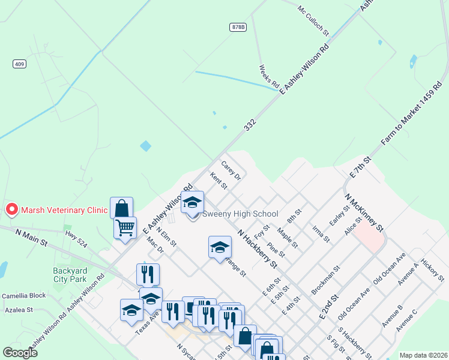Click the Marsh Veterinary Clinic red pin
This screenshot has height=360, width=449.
pyautogui.click(x=11, y=209)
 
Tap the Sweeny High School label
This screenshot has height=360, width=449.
pyautogui.click(x=240, y=214)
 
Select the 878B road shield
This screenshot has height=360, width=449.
pyautogui.click(x=238, y=27)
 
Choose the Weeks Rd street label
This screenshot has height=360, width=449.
pyautogui.click(x=269, y=76)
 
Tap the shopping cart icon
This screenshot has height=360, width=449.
pyautogui.click(x=125, y=228)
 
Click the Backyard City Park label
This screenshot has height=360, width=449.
pyautogui.click(x=70, y=275)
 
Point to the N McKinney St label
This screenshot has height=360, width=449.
pyautogui.click(x=364, y=212)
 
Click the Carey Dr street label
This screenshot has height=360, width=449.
pyautogui.click(x=231, y=170)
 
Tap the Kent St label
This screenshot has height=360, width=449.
pyautogui.click(x=218, y=181)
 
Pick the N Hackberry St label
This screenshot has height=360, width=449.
pyautogui.click(x=258, y=248)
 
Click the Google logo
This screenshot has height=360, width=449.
pyautogui.click(x=20, y=353)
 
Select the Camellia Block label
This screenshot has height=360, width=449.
pyautogui.click(x=23, y=296)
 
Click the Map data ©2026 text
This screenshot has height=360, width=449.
pyautogui.click(x=423, y=355)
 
